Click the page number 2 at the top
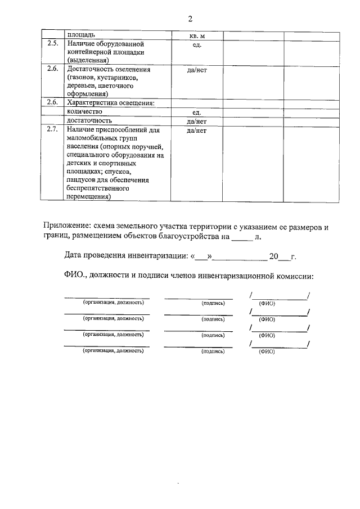[x=190, y=19]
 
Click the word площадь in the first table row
[x=80, y=35]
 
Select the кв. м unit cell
[x=197, y=35]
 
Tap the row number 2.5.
[x=52, y=43]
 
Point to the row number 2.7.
[x=52, y=130]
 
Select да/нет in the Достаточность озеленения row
[x=197, y=70]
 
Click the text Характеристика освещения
[x=110, y=103]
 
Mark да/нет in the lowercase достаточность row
[x=197, y=120]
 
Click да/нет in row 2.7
[x=197, y=130]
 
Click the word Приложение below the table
[x=67, y=227]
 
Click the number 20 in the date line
[x=274, y=257]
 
